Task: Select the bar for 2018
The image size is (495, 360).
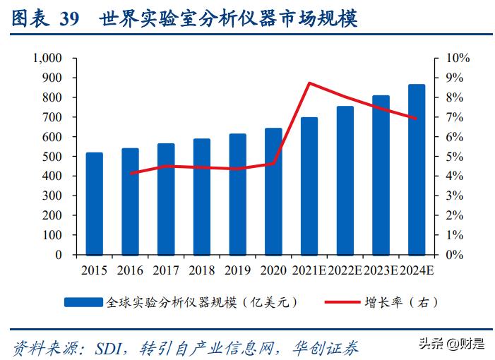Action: (x=202, y=196)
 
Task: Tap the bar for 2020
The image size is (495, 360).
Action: (x=273, y=191)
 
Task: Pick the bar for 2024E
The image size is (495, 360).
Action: (x=417, y=169)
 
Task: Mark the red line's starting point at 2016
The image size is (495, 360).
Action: (x=131, y=173)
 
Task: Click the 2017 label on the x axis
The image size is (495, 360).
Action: (x=166, y=270)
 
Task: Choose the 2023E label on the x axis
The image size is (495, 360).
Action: (x=381, y=270)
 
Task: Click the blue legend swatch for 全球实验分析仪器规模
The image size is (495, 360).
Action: (x=83, y=302)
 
